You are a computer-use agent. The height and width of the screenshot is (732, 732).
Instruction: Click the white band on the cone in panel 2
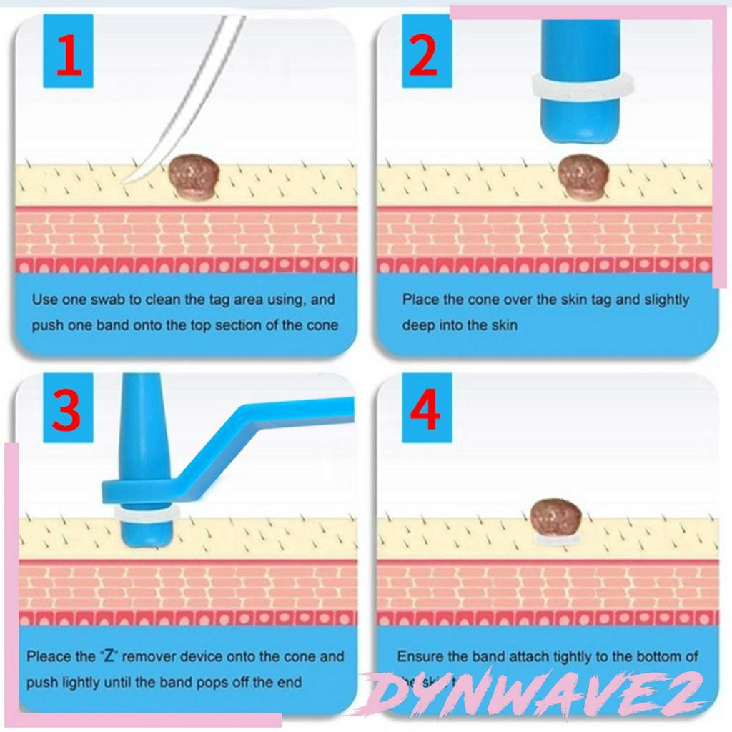[x=581, y=86]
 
